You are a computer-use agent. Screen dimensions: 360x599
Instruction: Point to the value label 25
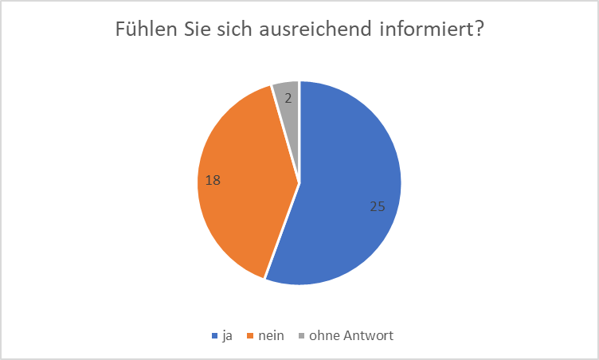point(378,206)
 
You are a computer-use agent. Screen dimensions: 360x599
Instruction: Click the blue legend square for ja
point(215,336)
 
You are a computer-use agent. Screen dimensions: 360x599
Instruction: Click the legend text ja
point(227,336)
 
